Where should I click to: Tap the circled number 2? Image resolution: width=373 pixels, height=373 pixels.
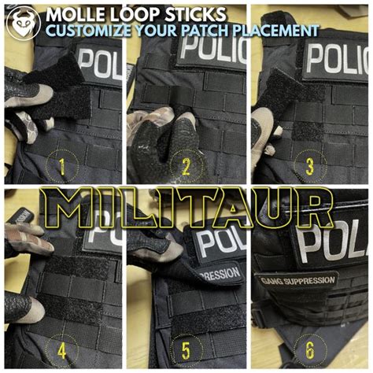coord(186,166)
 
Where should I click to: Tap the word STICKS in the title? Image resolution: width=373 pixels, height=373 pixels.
coord(196,14)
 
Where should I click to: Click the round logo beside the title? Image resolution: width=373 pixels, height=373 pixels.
coord(22,22)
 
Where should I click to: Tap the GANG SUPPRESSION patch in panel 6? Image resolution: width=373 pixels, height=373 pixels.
coord(297,279)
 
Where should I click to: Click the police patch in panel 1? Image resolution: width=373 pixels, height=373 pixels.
coord(101,65)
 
